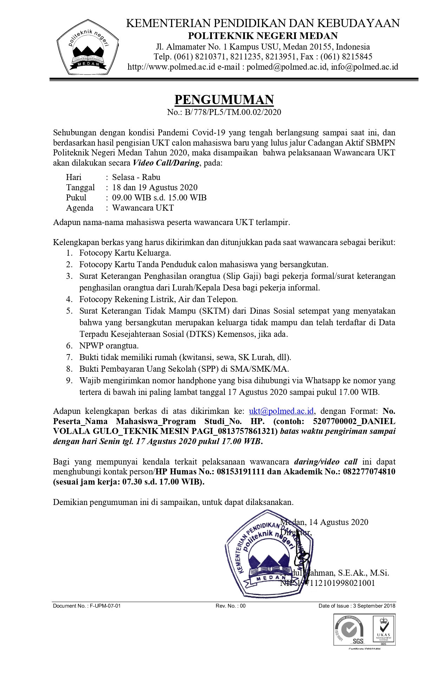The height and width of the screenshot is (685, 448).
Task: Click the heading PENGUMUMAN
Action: click(224, 100)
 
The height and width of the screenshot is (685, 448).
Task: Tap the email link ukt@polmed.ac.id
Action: click(281, 411)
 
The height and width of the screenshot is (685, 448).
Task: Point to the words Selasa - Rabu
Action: click(136, 177)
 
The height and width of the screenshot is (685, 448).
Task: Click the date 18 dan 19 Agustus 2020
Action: click(155, 187)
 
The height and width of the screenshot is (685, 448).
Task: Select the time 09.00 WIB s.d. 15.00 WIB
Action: click(159, 198)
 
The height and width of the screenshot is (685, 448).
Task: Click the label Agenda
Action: click(80, 208)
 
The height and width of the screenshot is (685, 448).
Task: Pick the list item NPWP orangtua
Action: click(109, 346)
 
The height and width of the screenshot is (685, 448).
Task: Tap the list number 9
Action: click(69, 380)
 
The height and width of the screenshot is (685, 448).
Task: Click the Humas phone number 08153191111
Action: click(240, 472)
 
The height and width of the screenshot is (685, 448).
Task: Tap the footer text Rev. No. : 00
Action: click(231, 606)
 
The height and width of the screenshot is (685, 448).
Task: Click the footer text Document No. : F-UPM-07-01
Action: click(87, 606)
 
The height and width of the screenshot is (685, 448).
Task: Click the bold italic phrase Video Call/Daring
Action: click(166, 163)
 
